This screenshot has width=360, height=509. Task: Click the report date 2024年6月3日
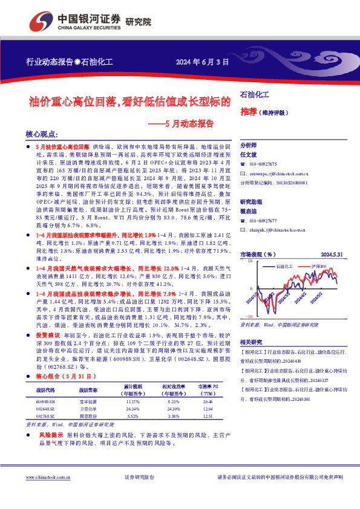(203, 62)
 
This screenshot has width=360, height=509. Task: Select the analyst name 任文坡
(249, 155)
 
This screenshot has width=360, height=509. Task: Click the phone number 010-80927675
(263, 164)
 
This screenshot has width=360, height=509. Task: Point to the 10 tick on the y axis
(248, 261)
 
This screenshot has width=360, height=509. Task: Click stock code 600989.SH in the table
(45, 401)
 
